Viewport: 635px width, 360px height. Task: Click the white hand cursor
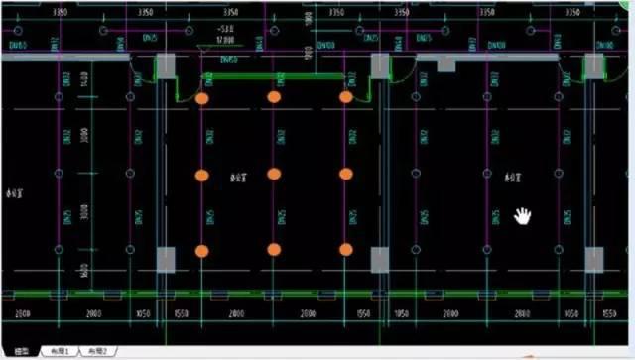coord(523,215)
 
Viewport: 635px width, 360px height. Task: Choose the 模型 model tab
coord(20,351)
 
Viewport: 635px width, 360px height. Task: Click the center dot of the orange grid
coord(274,175)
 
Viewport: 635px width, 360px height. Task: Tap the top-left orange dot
coord(201,98)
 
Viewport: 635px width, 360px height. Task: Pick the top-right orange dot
coord(346,97)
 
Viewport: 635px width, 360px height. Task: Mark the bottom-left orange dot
coord(201,250)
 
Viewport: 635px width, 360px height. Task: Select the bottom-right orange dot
coord(346,249)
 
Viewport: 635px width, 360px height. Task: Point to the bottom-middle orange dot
coord(274,249)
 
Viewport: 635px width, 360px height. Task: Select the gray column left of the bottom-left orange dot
coord(166,260)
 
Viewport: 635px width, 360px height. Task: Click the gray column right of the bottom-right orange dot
coord(380,260)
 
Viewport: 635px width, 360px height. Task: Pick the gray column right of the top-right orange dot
coord(380,67)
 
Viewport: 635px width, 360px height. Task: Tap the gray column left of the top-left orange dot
coord(166,67)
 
